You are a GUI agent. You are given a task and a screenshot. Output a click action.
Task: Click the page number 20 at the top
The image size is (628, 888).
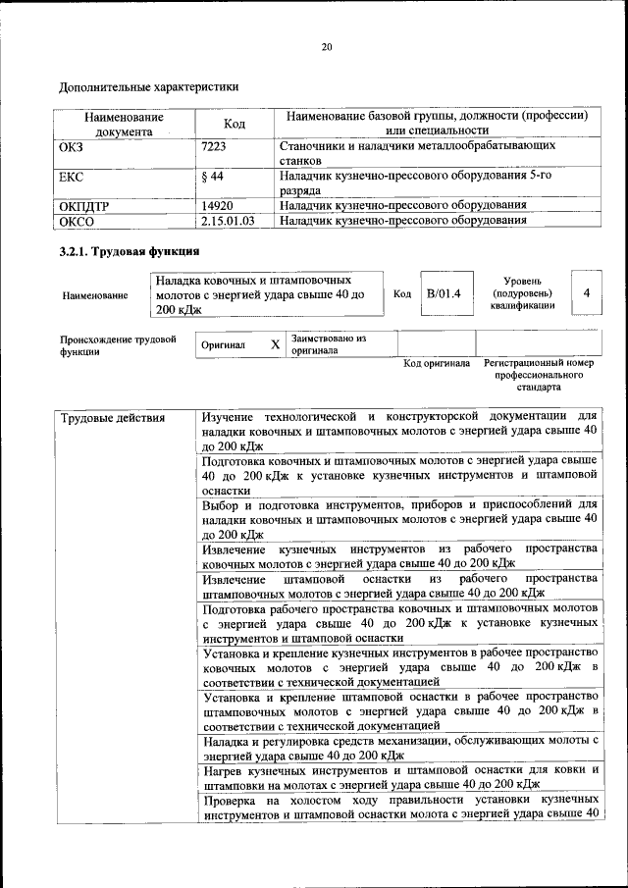coord(327,47)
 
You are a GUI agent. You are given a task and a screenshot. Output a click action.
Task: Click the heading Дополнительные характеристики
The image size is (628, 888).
coord(149,86)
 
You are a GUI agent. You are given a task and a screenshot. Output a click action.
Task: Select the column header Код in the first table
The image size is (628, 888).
coord(234,124)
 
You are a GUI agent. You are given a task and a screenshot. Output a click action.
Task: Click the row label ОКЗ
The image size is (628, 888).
coord(75,145)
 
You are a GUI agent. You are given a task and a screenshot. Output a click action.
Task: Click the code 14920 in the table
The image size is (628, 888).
coord(216,205)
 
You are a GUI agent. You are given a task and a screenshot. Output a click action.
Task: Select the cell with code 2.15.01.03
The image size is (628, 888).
coord(227,221)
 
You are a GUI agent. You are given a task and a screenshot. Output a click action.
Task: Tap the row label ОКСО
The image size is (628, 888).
coord(77,221)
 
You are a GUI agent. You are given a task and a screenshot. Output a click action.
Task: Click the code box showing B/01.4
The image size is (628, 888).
coord(445,293)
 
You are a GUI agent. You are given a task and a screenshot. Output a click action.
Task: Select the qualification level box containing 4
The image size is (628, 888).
coord(586,293)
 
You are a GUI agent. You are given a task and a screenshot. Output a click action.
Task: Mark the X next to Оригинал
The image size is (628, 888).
coord(275,345)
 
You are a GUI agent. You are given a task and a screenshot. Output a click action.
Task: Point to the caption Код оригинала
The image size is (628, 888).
coord(437,364)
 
